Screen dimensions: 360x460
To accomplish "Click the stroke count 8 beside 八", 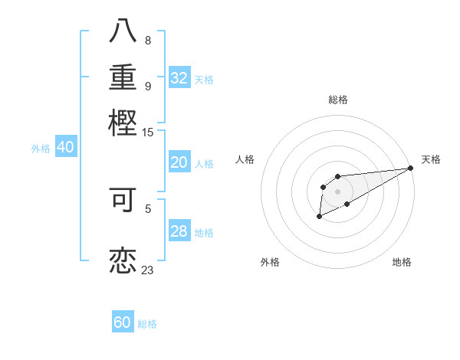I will click(148, 41).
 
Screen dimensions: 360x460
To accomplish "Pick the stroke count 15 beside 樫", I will click(148, 133).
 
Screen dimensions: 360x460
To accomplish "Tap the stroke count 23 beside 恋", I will click(148, 270).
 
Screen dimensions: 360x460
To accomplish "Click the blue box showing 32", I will click(179, 78).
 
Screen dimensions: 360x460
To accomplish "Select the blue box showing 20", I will click(179, 162).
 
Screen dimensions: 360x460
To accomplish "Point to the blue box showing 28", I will click(179, 231).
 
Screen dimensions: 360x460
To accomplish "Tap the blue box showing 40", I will click(65, 148).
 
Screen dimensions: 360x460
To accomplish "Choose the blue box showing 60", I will click(123, 322).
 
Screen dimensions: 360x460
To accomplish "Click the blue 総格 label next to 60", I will click(147, 324).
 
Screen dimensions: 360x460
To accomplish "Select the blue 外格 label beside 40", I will click(40, 149).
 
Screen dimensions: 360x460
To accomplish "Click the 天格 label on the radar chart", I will click(431, 159).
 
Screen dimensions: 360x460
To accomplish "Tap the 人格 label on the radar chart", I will click(245, 159).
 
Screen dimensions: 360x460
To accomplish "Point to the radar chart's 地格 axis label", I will click(402, 262).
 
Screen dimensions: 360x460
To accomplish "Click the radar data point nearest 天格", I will click(411, 168).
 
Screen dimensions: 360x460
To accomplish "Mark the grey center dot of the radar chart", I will click(337, 191).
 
